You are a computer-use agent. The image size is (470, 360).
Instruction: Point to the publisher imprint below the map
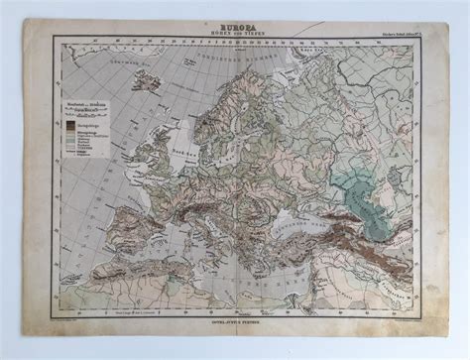[x=236, y=318]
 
